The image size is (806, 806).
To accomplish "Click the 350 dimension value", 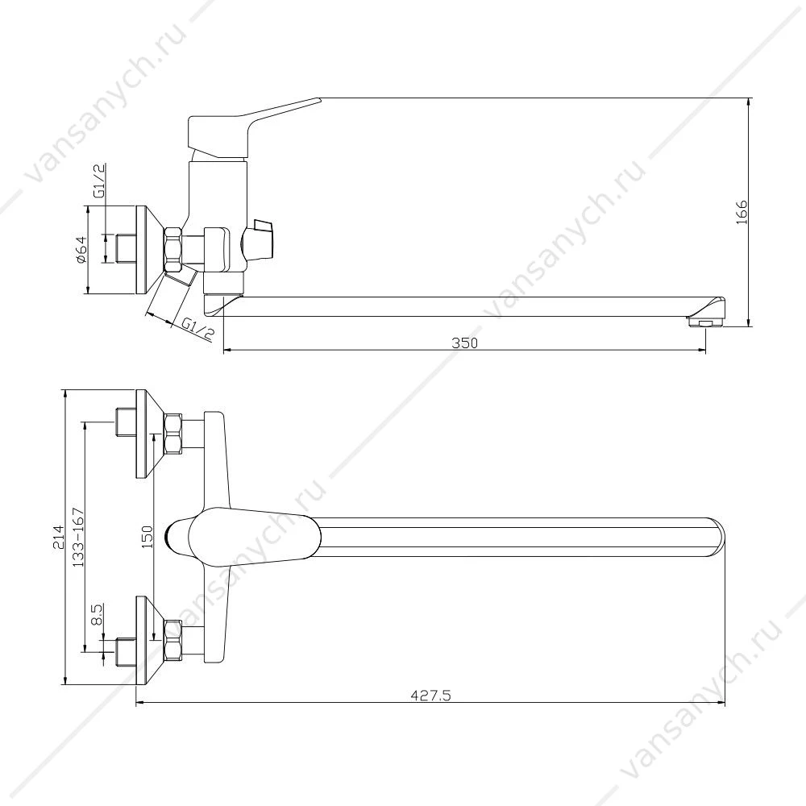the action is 465,343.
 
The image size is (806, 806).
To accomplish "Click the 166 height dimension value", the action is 742,212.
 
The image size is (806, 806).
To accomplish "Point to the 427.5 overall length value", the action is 430,696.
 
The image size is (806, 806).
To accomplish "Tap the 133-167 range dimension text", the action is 78,537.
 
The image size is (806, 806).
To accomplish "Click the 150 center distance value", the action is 147,537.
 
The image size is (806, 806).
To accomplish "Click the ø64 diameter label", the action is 81,249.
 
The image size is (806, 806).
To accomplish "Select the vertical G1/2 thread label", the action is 99,181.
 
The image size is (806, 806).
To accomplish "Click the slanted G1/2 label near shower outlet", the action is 198,329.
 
